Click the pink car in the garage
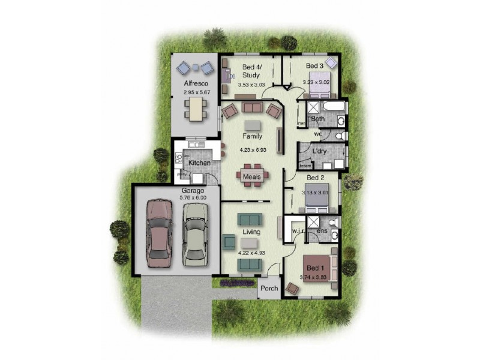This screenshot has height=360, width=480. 158,235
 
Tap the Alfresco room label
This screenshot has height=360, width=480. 195,83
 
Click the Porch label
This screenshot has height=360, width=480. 269,289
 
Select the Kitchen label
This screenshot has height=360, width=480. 199,163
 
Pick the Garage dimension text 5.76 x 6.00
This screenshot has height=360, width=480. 194,197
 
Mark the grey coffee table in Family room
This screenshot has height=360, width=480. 253,125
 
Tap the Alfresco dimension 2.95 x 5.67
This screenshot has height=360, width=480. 195,93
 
